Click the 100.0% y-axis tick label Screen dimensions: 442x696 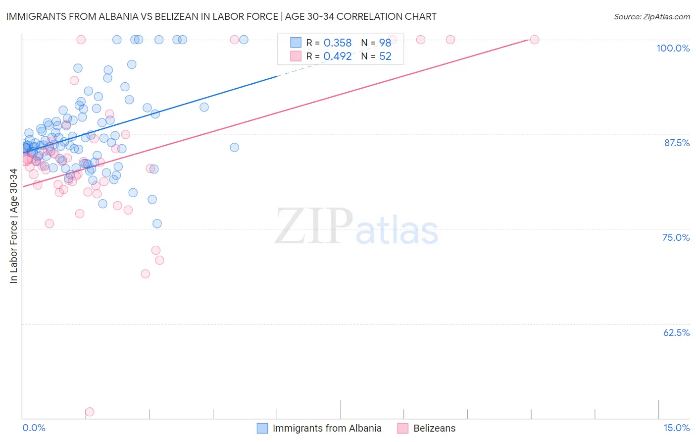[x=673, y=48]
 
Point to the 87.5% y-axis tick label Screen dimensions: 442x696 [x=677, y=143]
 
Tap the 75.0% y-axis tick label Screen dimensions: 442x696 [x=676, y=237]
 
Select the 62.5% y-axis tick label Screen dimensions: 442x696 [x=676, y=332]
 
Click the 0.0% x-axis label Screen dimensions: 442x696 [x=34, y=428]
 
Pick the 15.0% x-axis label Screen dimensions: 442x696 [x=676, y=428]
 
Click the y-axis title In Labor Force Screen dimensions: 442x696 [x=13, y=226]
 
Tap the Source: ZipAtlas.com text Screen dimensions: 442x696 [x=651, y=17]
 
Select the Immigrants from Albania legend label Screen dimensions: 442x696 [x=327, y=428]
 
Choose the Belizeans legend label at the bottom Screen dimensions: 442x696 [x=434, y=428]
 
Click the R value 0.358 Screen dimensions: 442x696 [x=337, y=43]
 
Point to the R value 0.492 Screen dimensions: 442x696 [x=337, y=56]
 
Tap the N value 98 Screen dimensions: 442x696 [x=385, y=43]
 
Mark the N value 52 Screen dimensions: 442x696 [x=385, y=56]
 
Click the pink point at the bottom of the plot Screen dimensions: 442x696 [x=90, y=412]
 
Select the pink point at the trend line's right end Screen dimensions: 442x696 [x=534, y=40]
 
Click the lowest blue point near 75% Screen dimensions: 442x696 [x=157, y=223]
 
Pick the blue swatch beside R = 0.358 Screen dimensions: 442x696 [x=296, y=43]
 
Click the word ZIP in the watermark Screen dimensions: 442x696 [x=314, y=226]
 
